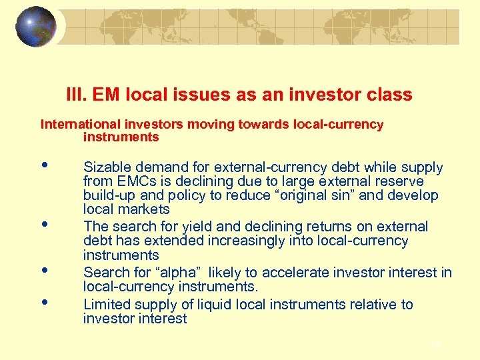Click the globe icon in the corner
[x=35, y=27]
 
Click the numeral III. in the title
[x=78, y=95]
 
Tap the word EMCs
[x=138, y=181]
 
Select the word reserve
[x=400, y=181]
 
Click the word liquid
[x=218, y=305]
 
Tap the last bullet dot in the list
[x=44, y=302]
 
